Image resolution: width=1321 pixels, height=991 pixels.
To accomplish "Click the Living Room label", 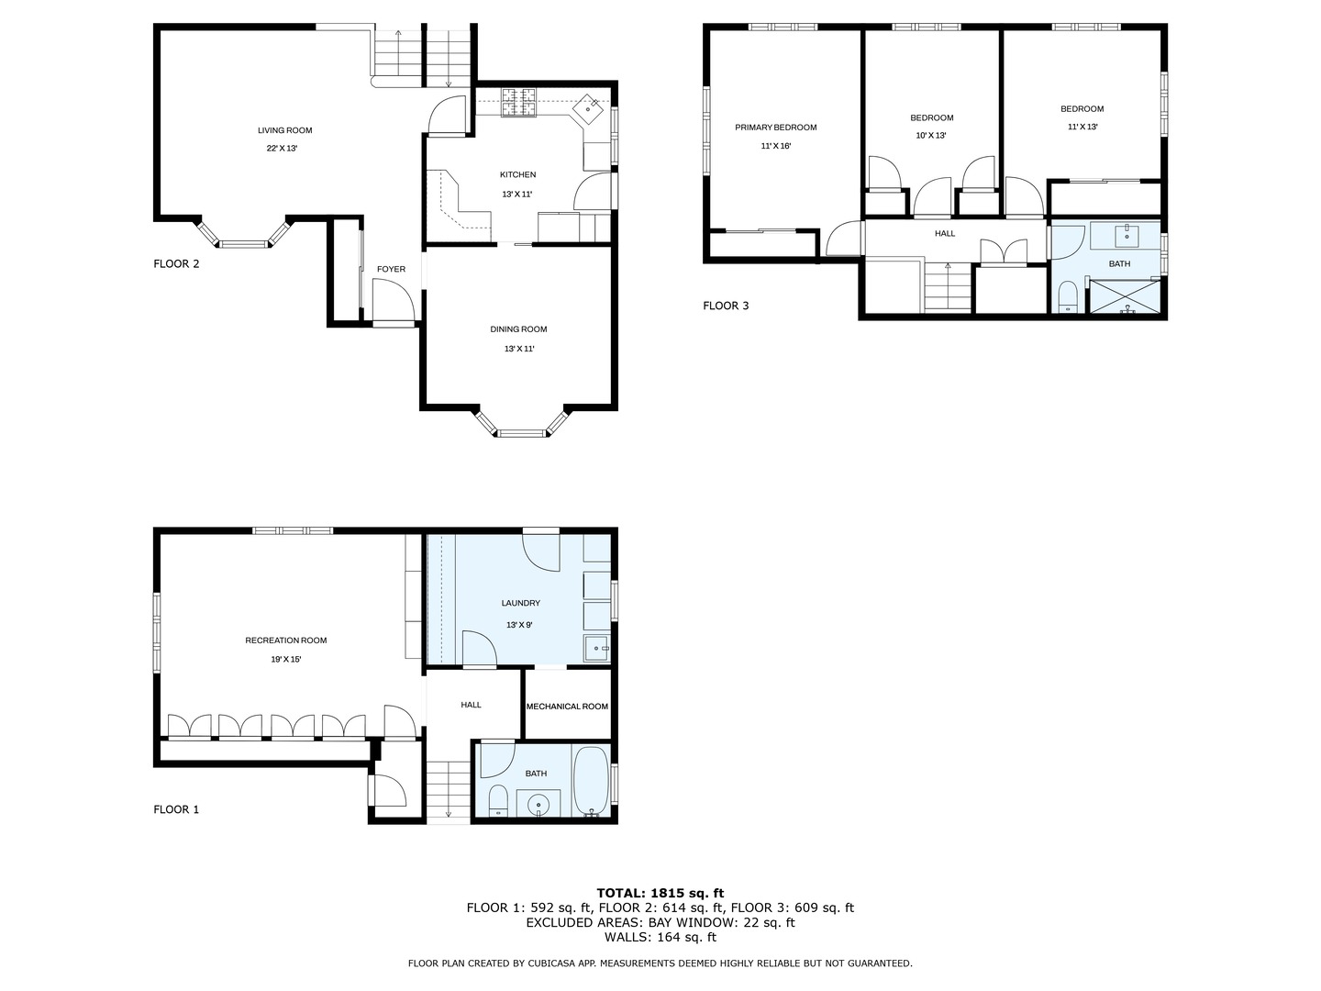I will pos(284,130).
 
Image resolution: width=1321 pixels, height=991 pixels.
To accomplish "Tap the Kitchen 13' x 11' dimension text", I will pos(517,194).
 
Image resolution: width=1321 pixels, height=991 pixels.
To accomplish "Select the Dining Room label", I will pos(518,329).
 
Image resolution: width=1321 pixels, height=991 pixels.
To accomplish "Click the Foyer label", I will pos(391,269).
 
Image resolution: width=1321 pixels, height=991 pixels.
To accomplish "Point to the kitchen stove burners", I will pos(518,102).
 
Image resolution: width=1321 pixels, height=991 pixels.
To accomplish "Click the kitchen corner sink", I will pos(588,108).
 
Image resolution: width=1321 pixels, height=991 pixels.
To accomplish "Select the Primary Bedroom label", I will pos(775,128).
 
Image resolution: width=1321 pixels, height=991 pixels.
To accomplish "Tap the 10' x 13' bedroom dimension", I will pos(931,136).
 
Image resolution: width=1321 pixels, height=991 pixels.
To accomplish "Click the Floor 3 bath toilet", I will pos(1067,297).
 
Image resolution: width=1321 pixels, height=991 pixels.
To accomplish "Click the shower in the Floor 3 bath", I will pos(1124,297).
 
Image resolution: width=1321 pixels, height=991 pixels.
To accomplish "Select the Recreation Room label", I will pos(285,640).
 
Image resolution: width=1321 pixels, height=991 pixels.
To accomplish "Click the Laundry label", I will pos(520,603).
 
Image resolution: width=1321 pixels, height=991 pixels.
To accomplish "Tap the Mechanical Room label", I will pos(567,707).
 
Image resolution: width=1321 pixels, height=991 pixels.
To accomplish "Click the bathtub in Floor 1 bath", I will pos(590,782).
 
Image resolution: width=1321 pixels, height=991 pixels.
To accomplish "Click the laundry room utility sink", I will pos(597,649).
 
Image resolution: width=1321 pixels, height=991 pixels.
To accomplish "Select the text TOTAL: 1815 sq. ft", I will pos(660,892).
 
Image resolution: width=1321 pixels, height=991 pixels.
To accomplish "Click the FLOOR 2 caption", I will pos(176,264).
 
